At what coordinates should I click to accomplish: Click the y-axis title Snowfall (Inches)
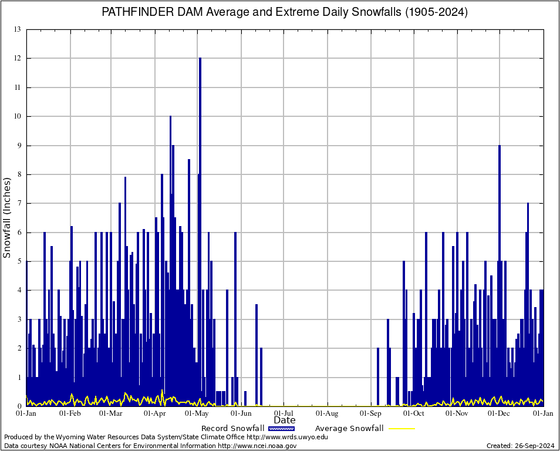click(7, 217)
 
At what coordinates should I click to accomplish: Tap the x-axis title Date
click(285, 420)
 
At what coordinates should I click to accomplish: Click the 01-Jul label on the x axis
click(284, 413)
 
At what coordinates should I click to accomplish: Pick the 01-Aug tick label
click(328, 413)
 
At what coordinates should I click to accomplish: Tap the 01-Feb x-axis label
click(70, 413)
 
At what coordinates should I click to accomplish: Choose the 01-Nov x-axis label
click(457, 413)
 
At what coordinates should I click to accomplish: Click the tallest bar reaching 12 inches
click(200, 176)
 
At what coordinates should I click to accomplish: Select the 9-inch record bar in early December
click(500, 235)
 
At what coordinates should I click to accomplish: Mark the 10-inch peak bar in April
click(170, 206)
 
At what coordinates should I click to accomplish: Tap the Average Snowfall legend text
click(349, 429)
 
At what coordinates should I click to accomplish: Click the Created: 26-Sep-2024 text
click(521, 446)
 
